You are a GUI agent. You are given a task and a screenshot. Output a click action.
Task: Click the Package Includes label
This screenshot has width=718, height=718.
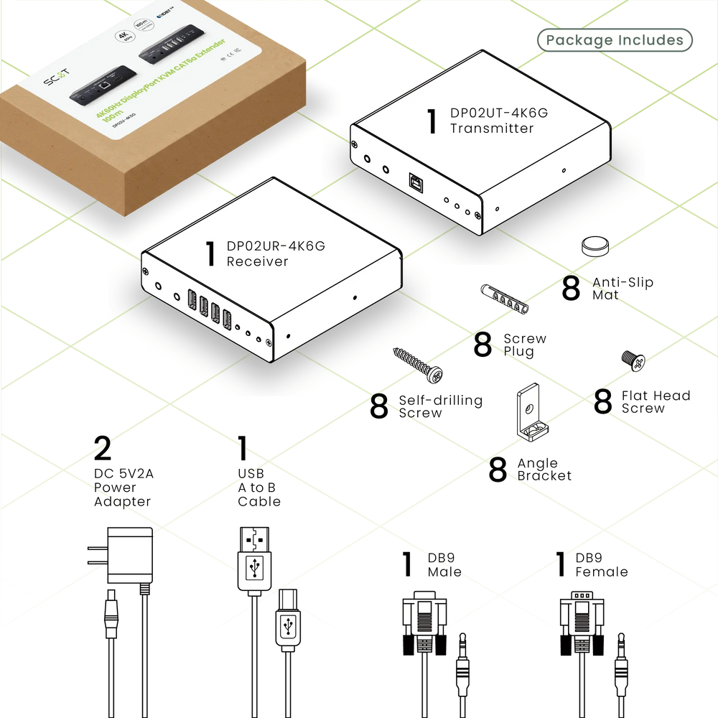pos(615,40)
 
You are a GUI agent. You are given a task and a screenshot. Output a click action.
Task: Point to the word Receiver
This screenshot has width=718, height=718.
pos(257,261)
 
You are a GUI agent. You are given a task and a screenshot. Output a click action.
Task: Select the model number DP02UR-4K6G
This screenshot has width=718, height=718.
pos(276,246)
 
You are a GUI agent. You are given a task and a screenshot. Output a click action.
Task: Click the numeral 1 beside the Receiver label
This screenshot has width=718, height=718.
pos(210,253)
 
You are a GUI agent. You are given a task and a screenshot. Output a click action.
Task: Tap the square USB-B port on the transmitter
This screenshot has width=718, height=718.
pos(416,183)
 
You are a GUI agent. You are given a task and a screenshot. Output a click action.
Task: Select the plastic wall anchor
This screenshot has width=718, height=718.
pos(506,298)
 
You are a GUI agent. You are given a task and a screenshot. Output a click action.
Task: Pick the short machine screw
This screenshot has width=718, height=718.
pos(634,361)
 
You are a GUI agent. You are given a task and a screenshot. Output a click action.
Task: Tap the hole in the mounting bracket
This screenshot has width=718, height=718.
pos(529,409)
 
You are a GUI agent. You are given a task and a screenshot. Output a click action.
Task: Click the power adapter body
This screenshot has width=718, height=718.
pos(130,556)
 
